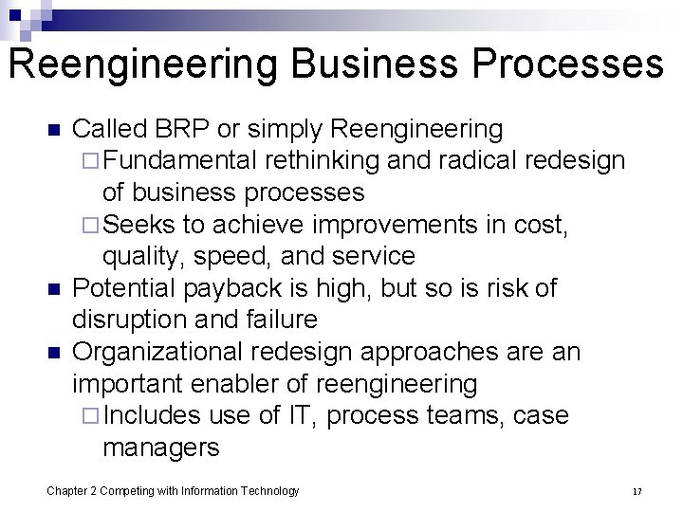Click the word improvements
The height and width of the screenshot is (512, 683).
tap(371, 225)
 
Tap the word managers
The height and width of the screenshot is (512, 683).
tap(160, 448)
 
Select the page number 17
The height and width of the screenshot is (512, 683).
tap(637, 491)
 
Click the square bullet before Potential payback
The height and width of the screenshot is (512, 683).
tap(54, 288)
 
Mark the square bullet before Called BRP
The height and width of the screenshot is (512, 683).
tap(54, 129)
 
